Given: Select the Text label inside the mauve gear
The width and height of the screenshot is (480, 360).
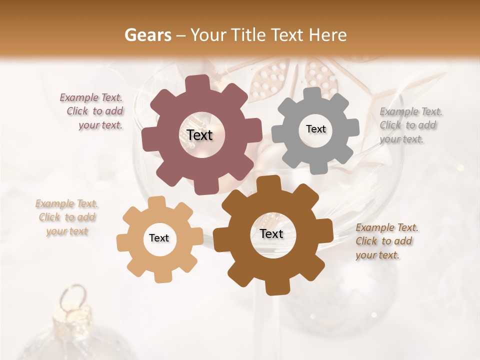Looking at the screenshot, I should (199, 135).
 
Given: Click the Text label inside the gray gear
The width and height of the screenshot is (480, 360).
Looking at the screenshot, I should (315, 129).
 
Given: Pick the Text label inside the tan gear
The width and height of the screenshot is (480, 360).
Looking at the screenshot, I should (159, 238).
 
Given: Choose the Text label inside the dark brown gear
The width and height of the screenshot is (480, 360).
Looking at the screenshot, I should (271, 233).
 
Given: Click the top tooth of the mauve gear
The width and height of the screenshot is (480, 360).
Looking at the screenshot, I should (201, 83).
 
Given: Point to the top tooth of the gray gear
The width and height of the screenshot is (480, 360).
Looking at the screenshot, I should (313, 93).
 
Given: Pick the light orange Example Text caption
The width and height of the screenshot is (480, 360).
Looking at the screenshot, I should (67, 217).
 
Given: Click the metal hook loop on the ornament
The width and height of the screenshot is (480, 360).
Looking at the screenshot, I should (73, 293).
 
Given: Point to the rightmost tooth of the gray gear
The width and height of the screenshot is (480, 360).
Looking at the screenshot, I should (352, 128).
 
